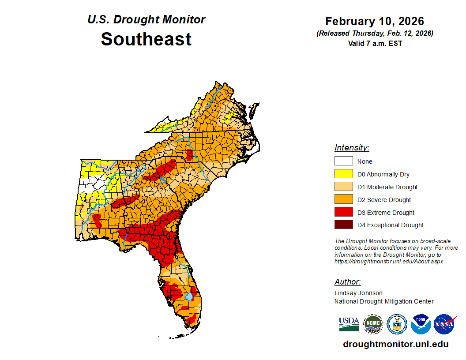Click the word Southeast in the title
[x=146, y=39]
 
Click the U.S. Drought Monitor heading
[x=146, y=20]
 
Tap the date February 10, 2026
[x=375, y=21]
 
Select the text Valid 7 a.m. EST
[x=375, y=43]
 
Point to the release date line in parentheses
[x=375, y=34]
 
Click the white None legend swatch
[x=343, y=161]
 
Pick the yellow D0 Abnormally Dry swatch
[x=343, y=174]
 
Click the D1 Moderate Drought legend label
[x=387, y=187]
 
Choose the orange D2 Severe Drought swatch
[x=343, y=199]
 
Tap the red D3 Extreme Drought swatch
[x=343, y=212]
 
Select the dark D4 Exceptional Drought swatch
[x=343, y=225]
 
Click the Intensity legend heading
[x=352, y=148]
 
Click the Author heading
[x=347, y=282]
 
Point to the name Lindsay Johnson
[x=358, y=293]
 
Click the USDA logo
[x=349, y=324]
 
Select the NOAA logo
[x=421, y=324]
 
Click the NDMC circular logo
[x=373, y=324]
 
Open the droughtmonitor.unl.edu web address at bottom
[x=395, y=344]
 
